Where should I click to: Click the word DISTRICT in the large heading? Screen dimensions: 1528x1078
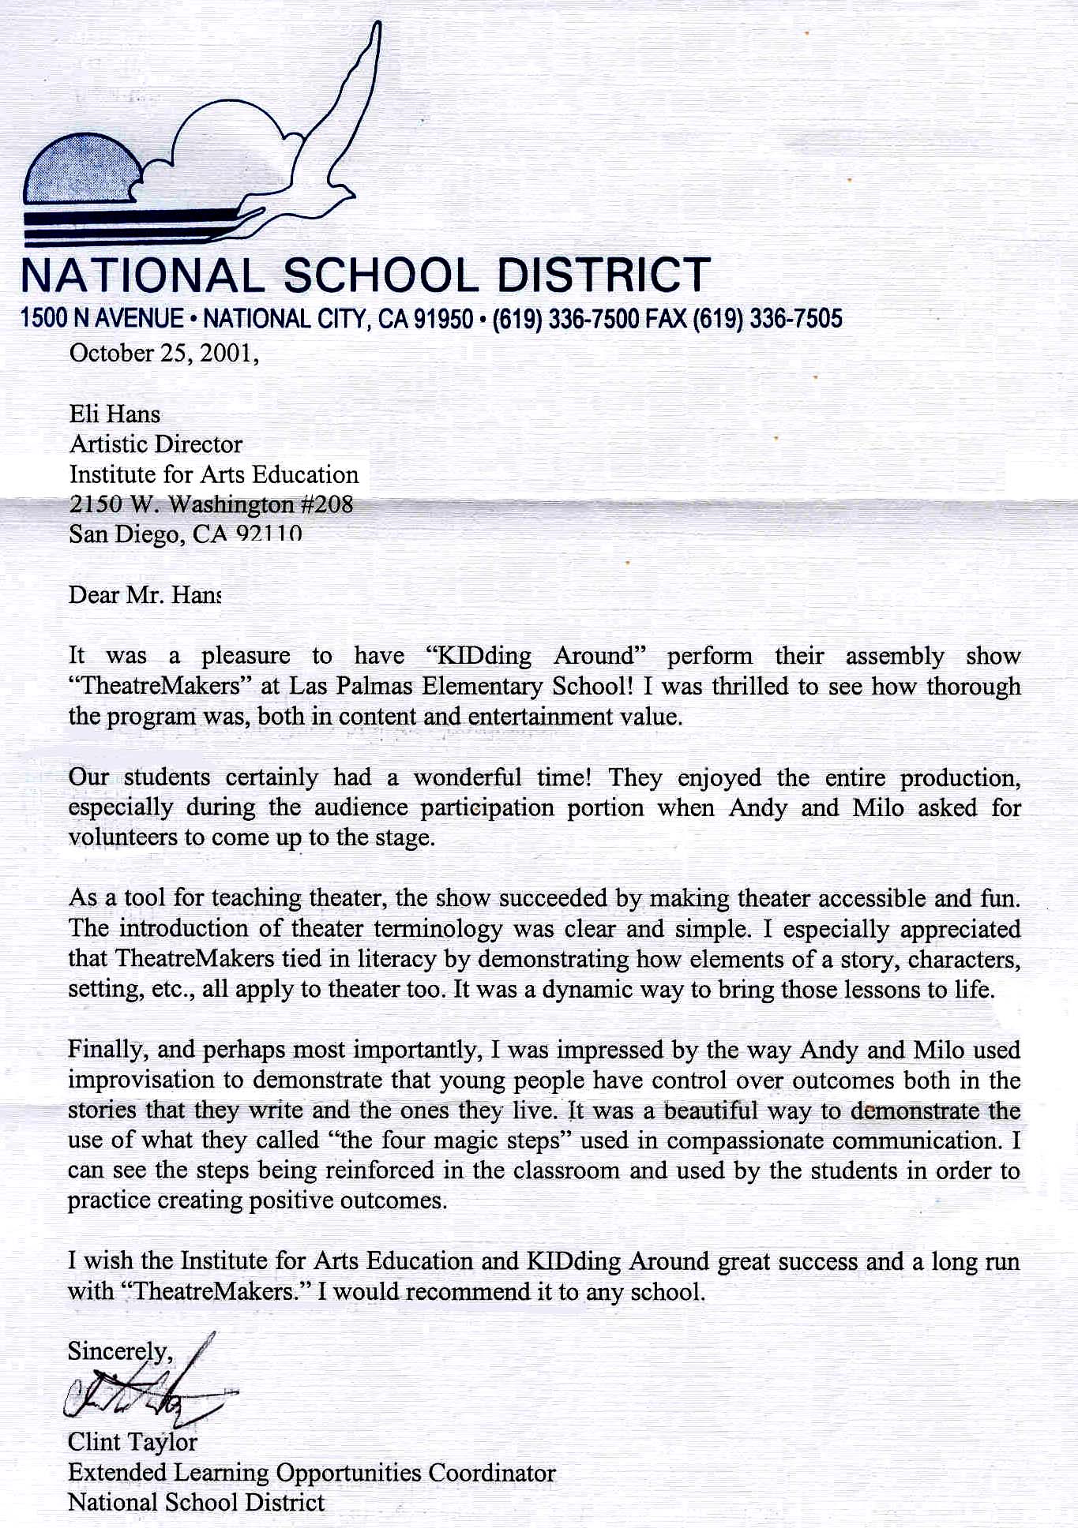click(x=603, y=275)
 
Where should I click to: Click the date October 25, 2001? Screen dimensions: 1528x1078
click(x=163, y=353)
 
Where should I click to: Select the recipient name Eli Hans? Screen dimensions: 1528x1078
click(x=115, y=414)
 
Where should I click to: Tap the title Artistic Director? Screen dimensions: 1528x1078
click(x=156, y=444)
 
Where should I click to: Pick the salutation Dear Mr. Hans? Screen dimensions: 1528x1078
click(x=145, y=594)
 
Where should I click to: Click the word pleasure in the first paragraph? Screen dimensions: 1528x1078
click(x=246, y=656)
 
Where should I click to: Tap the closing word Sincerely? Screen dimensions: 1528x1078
click(x=118, y=1351)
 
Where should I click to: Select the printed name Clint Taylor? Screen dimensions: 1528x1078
click(x=132, y=1442)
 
